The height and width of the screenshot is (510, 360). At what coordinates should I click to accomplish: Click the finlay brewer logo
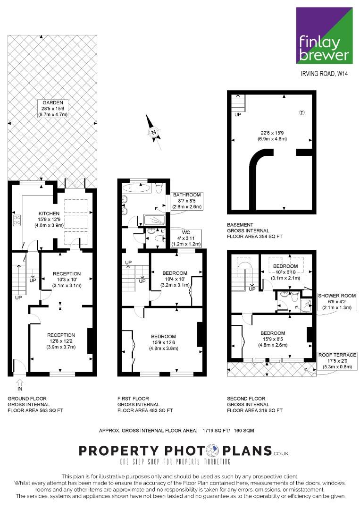click(325, 35)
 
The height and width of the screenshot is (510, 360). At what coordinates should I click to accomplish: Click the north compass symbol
click(153, 133)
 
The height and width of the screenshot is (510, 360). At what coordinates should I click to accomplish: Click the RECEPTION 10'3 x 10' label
click(67, 280)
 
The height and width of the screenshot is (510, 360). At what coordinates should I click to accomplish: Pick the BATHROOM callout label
click(187, 201)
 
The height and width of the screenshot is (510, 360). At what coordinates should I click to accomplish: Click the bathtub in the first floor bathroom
click(137, 188)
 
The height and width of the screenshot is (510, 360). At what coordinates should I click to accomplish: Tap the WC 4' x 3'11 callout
click(187, 238)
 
